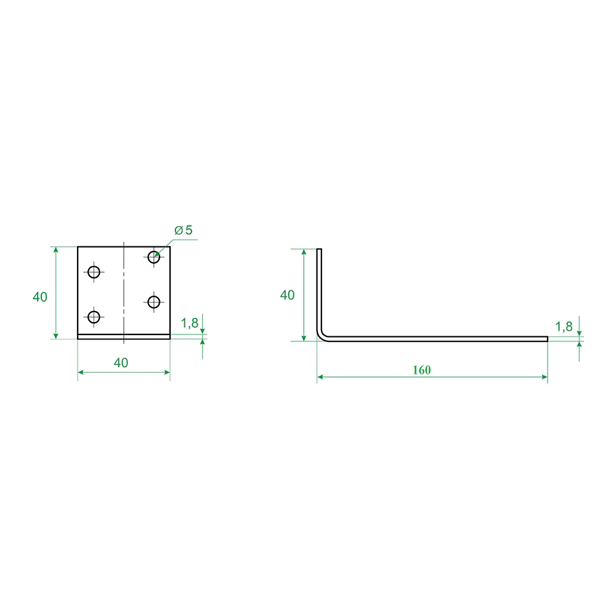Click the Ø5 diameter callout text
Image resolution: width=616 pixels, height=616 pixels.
[184, 230]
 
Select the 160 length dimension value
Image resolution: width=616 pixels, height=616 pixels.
[421, 370]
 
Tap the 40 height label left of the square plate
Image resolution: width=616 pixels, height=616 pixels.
[39, 297]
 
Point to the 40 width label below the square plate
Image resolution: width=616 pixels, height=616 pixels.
[121, 363]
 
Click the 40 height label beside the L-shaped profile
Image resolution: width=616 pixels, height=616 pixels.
[287, 295]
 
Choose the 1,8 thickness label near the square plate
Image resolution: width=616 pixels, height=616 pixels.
[189, 323]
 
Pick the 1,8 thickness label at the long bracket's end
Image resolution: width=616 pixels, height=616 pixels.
[564, 326]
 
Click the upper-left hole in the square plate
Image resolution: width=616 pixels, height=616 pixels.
[94, 272]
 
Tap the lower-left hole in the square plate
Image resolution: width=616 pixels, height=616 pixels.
[94, 317]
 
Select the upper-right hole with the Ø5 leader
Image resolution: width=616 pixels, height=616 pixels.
[153, 257]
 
